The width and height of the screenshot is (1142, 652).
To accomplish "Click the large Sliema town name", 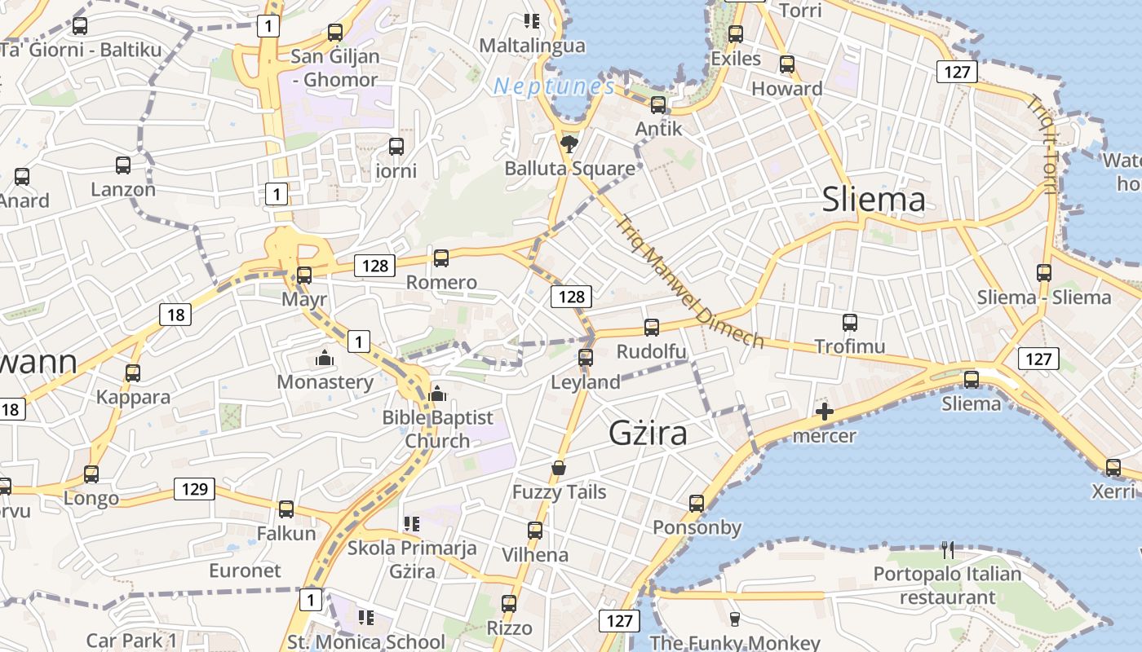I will point(874,200).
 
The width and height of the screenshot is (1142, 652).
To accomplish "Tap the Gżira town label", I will point(648,433).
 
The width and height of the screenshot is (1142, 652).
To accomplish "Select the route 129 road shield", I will point(194,489).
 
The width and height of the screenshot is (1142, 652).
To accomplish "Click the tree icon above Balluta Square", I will point(569,145).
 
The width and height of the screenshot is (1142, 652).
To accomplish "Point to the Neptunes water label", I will point(554,86).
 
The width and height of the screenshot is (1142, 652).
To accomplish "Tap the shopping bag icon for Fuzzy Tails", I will point(559,468).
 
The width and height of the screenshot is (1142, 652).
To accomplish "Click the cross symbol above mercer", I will point(825,412).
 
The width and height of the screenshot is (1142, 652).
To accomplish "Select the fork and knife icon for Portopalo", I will point(947,550).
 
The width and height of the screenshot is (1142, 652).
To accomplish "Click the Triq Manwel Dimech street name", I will point(689,281).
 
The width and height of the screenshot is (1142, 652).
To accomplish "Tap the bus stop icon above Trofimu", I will point(850,323).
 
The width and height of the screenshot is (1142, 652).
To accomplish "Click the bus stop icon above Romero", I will point(441,258).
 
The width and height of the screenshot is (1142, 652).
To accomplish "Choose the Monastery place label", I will point(325,381).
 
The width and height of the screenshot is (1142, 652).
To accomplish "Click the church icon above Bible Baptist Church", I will point(437,394).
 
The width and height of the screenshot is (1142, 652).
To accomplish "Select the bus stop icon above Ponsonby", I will point(696,504).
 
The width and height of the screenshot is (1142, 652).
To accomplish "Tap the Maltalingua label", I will point(532,46).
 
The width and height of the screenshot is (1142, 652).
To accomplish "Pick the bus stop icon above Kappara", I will point(133,373).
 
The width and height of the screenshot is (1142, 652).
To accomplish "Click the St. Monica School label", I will point(366,641).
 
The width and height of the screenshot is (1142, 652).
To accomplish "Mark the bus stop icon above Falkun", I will point(286,509).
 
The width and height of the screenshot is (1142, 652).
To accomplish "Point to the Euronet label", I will point(245,570).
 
